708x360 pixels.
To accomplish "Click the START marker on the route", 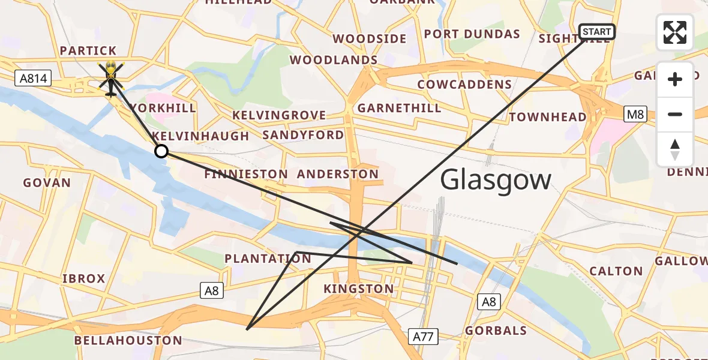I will click(596, 31).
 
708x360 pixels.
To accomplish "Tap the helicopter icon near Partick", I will click(110, 78).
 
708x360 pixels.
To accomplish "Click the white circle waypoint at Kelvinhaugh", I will click(161, 151).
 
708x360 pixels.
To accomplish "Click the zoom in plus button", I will click(675, 79).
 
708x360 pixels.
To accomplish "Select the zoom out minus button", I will click(675, 114).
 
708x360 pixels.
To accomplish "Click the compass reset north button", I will click(675, 149).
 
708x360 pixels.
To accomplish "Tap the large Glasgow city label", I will click(496, 180).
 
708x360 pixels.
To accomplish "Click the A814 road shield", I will click(34, 78).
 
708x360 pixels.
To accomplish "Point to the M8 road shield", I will click(635, 114).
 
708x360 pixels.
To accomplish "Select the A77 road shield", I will click(423, 337).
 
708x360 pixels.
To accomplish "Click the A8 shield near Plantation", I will click(211, 291).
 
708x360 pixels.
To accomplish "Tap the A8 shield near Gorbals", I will click(489, 302).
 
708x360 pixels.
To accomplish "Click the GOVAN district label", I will click(47, 182).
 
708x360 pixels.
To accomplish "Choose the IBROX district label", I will click(84, 278).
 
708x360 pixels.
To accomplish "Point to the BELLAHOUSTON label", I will click(128, 341).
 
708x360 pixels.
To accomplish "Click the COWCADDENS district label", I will click(464, 85).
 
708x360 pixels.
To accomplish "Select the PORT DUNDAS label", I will click(472, 34).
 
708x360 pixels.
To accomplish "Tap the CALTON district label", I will click(616, 271).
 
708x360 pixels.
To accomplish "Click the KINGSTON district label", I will click(359, 289).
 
